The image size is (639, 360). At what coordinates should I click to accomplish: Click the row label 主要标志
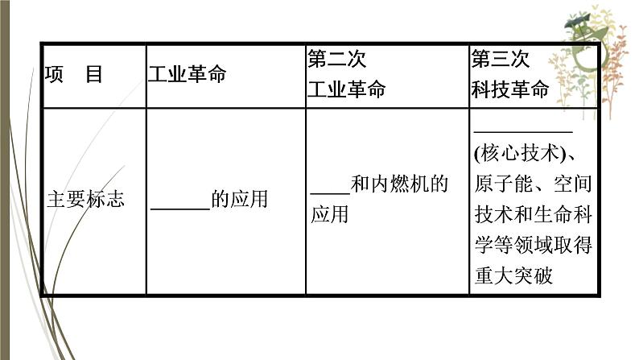click(x=85, y=199)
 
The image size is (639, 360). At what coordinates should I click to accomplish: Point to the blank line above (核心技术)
click(x=523, y=130)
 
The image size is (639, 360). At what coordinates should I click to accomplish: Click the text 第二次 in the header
click(x=337, y=60)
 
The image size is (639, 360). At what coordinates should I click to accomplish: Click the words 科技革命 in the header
click(x=510, y=89)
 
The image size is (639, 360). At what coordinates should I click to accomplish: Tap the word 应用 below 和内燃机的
click(x=329, y=214)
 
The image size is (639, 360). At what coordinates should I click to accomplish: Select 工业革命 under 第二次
click(x=347, y=89)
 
